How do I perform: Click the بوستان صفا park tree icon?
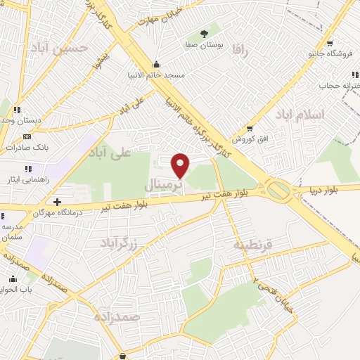tap(204, 33)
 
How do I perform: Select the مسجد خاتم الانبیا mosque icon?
tap(155, 65)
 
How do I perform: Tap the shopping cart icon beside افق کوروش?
tap(250, 128)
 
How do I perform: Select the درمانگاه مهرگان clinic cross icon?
tap(57, 202)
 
